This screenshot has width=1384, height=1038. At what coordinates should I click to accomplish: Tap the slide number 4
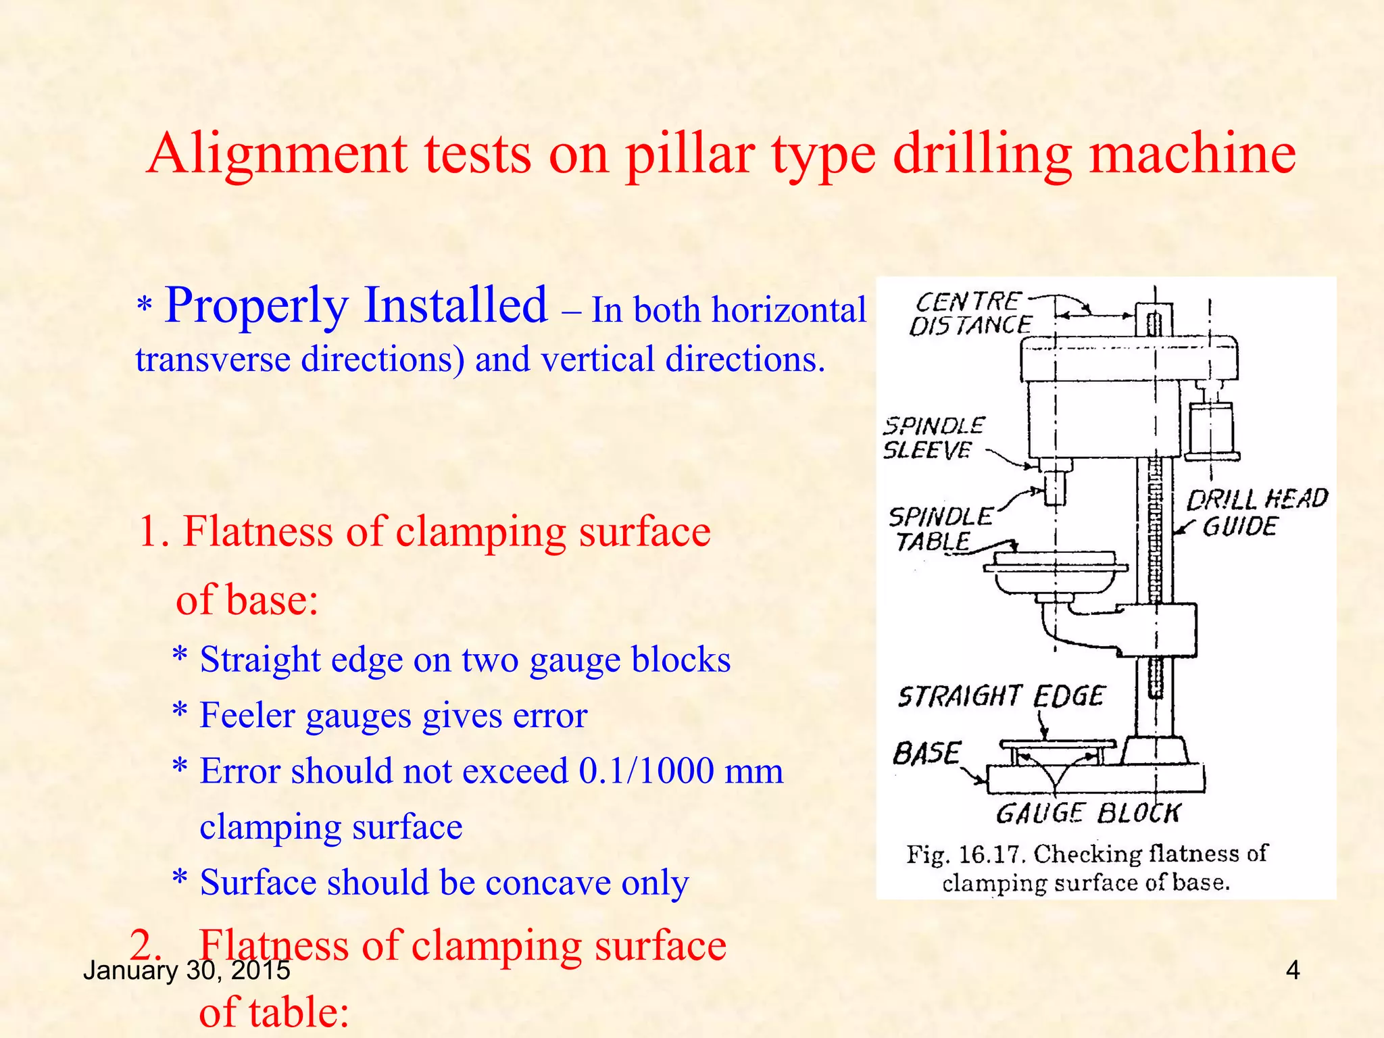click(1292, 970)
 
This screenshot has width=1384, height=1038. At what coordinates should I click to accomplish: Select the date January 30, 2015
click(187, 970)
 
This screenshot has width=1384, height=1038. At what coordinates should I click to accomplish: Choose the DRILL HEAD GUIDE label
click(1256, 512)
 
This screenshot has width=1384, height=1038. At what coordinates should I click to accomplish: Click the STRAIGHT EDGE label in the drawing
click(1001, 696)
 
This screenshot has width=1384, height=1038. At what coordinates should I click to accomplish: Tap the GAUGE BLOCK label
click(1088, 813)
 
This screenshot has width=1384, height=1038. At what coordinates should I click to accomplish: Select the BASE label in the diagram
click(926, 753)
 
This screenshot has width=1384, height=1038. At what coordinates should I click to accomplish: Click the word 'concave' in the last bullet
click(548, 883)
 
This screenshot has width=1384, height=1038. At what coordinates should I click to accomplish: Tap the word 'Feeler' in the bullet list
click(248, 715)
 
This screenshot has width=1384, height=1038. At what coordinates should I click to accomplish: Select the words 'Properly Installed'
click(355, 305)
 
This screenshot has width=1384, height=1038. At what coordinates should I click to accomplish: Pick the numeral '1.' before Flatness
click(153, 531)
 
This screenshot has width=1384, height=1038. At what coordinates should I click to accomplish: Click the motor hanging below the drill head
click(1212, 431)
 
